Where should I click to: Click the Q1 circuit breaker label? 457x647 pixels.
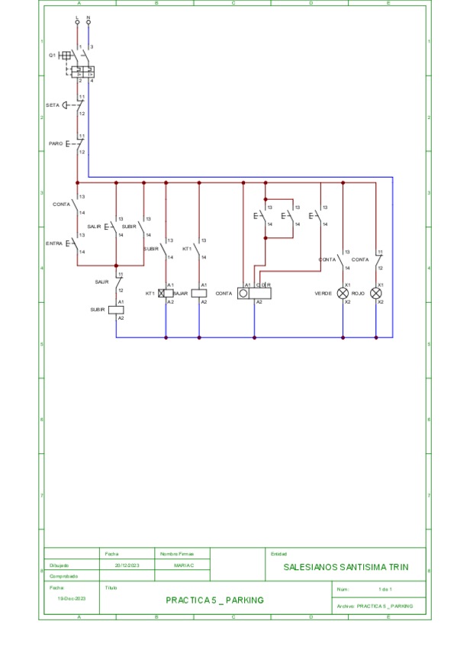53,55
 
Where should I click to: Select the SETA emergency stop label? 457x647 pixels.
52,105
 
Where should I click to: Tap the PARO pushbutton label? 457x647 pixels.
56,143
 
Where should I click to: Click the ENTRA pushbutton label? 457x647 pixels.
54,243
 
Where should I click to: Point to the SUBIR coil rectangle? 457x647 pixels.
116,310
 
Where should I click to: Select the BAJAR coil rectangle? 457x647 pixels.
199,293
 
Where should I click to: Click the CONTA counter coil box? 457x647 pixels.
254,293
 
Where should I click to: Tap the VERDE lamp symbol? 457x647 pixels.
343,293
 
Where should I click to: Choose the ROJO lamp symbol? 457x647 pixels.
375,293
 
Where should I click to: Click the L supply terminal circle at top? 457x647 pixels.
77,22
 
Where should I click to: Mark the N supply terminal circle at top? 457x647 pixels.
89,22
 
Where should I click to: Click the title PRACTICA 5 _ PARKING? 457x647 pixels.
214,600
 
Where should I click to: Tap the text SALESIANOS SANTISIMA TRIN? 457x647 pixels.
346,567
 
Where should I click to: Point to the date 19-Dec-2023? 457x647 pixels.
71,599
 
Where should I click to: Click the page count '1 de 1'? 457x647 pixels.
385,590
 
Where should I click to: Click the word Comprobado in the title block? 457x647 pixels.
64,576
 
